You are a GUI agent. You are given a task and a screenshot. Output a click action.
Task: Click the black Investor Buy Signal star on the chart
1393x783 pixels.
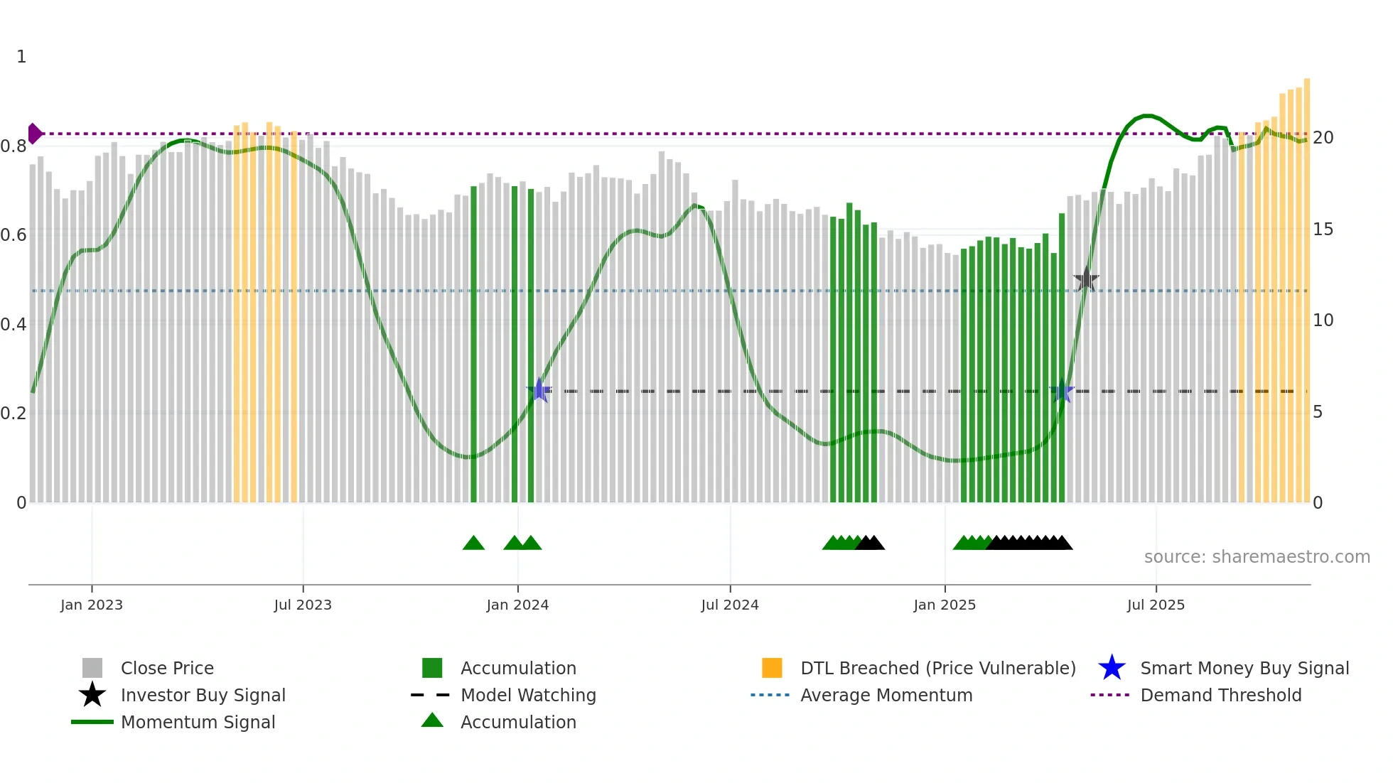(1086, 279)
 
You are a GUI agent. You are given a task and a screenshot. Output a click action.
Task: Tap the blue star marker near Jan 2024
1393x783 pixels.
(539, 390)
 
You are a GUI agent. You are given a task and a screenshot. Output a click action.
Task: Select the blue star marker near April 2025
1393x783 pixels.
(1062, 391)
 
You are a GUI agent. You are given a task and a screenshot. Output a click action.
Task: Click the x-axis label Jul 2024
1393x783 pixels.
(730, 605)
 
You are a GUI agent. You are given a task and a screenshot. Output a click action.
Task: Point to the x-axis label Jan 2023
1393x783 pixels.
(92, 605)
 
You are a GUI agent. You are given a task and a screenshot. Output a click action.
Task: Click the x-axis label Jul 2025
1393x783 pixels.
(1156, 605)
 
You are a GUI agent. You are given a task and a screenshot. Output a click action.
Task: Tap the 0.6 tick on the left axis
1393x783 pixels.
(14, 235)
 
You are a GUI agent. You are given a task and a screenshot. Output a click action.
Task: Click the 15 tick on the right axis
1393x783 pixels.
(1323, 229)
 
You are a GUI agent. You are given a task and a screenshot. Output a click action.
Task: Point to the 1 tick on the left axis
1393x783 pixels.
(21, 57)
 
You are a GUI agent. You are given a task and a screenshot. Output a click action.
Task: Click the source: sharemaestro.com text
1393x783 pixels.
(1257, 557)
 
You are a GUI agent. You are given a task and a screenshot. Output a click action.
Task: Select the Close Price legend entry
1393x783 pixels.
(167, 668)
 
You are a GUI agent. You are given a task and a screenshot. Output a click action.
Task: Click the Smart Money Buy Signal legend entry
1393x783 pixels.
(1244, 668)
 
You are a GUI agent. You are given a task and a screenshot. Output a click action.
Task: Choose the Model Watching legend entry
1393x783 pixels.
(527, 695)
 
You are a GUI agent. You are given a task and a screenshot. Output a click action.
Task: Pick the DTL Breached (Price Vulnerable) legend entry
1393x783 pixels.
(937, 668)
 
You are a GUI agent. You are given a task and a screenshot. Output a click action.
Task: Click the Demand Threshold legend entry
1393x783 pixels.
(1220, 695)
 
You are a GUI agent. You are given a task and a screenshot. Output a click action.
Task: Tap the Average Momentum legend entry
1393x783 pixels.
(886, 695)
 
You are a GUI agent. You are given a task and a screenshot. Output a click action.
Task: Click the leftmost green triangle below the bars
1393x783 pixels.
(473, 544)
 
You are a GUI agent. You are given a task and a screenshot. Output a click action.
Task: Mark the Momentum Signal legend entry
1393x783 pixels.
(198, 722)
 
